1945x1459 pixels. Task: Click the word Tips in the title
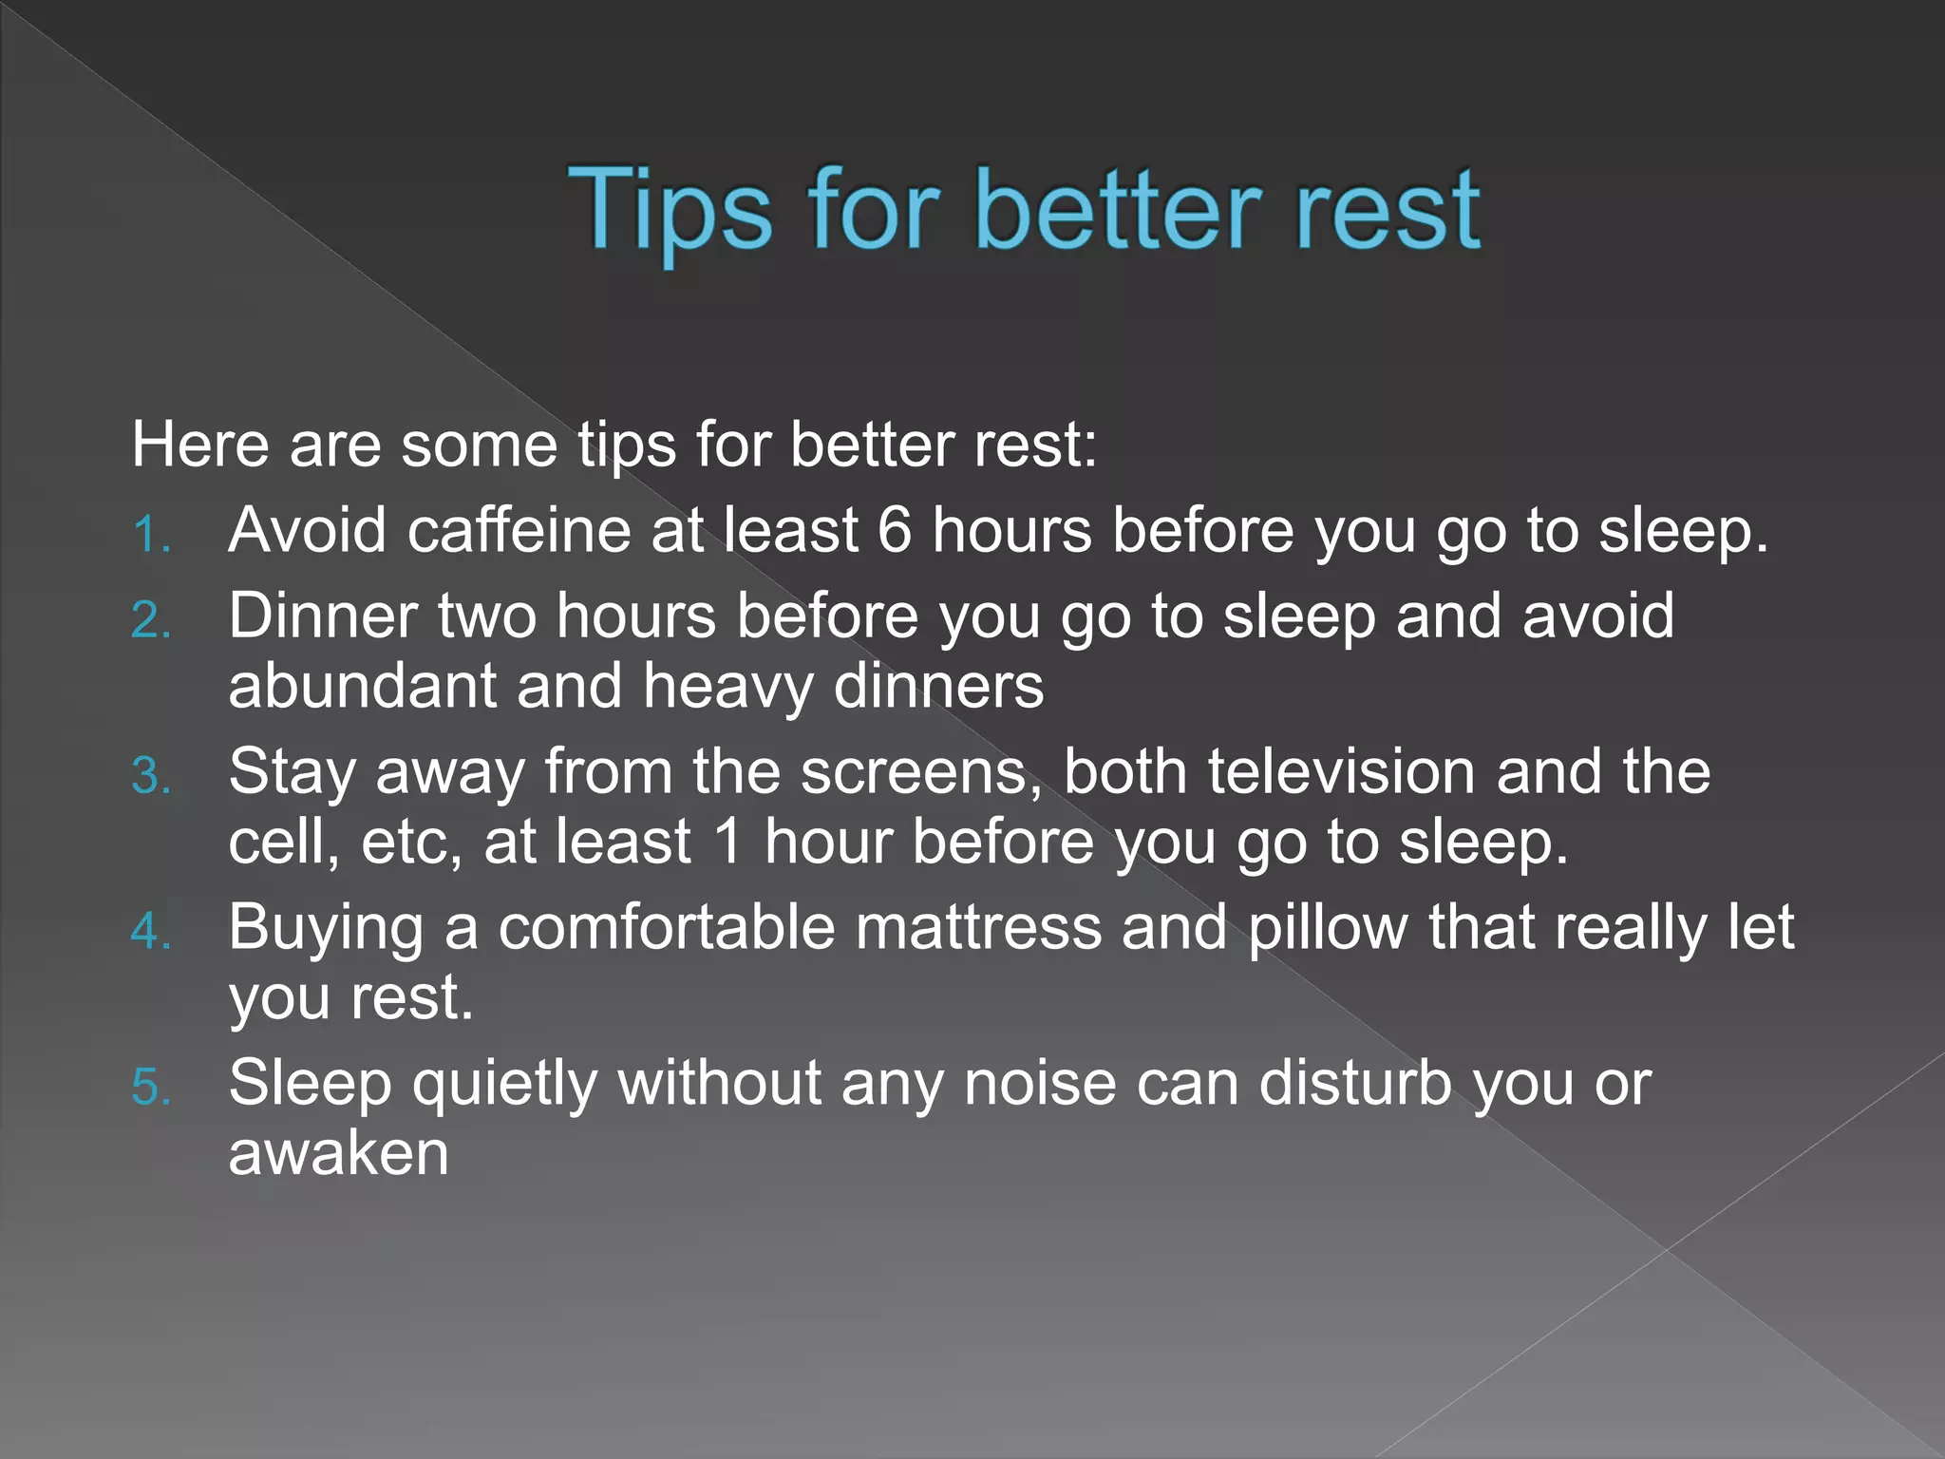pos(670,211)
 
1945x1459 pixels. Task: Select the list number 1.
pos(150,535)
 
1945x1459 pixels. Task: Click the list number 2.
pos(150,622)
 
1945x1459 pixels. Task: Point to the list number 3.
pos(150,777)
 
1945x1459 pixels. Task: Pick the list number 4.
pos(150,933)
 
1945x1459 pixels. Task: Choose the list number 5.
pos(150,1089)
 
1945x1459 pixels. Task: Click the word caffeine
pos(519,529)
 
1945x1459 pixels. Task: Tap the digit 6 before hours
pos(894,530)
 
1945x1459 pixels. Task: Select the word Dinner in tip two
pos(322,616)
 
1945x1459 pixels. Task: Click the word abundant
pos(362,686)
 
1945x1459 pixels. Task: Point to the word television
pos(1341,771)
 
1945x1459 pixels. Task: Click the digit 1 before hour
pos(727,843)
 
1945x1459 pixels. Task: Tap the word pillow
pos(1328,928)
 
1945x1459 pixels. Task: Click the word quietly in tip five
pos(504,1084)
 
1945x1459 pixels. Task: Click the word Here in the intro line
pos(200,445)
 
